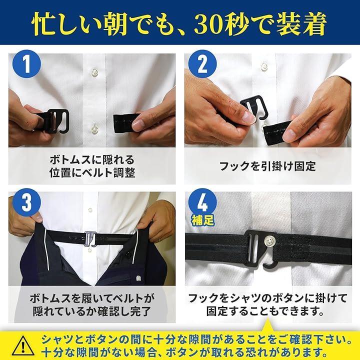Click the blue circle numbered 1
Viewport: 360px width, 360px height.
coord(27,63)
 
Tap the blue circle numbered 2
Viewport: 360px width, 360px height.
coord(202,63)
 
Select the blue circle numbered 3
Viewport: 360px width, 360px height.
coord(27,202)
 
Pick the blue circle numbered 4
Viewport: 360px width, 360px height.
coord(202,201)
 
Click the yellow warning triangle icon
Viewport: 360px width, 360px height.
coord(23,346)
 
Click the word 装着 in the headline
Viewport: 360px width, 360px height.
coord(301,23)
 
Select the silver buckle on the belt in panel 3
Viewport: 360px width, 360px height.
coord(91,239)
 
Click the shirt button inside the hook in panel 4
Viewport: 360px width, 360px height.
coord(269,240)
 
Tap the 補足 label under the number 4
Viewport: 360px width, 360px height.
coord(202,220)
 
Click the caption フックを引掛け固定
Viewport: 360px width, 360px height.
coord(267,166)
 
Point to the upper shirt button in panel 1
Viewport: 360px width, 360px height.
coord(94,71)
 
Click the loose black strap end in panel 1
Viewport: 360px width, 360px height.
coord(125,123)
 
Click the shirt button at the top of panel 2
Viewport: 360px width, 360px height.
coord(264,66)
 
